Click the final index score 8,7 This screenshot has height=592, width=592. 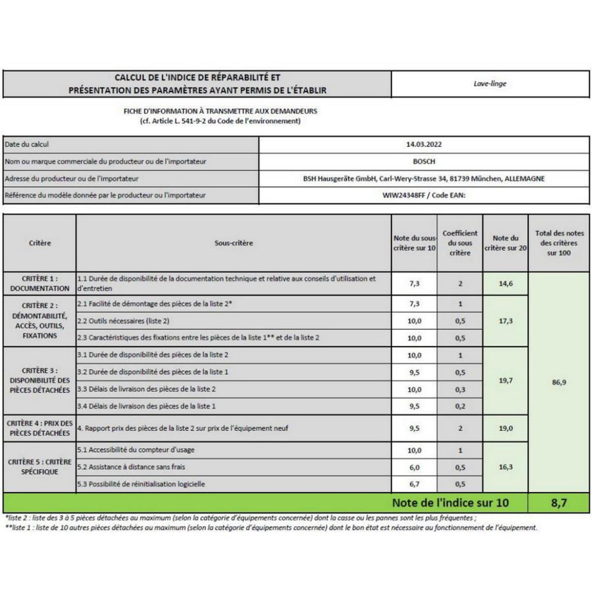pos(558,503)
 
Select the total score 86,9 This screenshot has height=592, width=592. pos(558,382)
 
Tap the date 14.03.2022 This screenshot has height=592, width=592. pos(424,145)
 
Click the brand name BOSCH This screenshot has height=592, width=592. pos(424,161)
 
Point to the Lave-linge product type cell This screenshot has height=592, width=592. pos(490,84)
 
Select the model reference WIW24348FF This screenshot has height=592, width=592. pos(403,195)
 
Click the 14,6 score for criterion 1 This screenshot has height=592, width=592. pos(506,284)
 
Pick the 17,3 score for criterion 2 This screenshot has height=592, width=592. pos(506,321)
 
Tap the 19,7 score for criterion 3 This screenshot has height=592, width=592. pos(506,380)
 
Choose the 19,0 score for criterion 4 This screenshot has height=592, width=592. pos(506,428)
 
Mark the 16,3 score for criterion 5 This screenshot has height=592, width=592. pos(506,467)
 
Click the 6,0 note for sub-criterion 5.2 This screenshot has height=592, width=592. pos(414,467)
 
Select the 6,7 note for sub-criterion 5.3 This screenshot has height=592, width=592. pos(414,484)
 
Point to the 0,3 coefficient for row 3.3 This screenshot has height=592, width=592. pos(460,389)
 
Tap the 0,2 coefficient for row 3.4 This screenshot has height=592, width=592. pos(460,406)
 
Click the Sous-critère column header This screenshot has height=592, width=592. pos(233,243)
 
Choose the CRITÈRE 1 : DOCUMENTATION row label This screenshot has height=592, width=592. pos(39,284)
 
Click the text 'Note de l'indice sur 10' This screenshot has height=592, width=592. pos(450,503)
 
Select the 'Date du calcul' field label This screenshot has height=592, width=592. pos(27,145)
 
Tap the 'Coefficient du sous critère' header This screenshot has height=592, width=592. pos(460,243)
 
